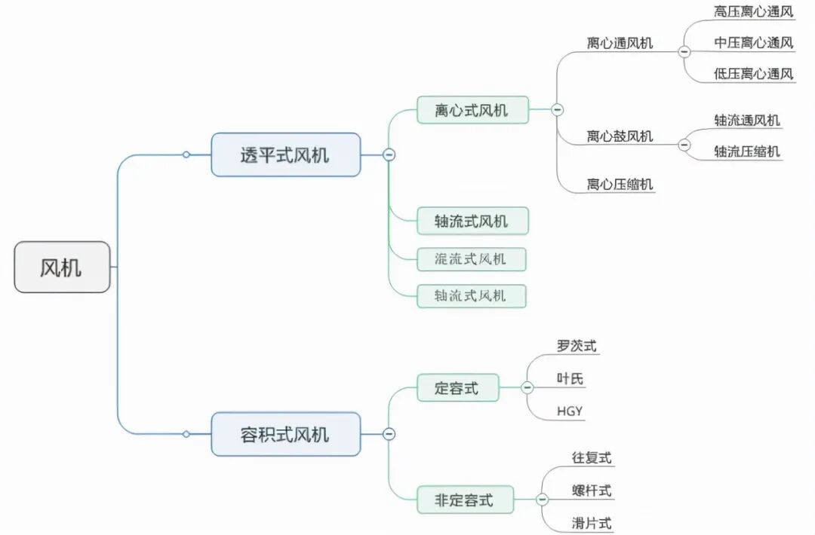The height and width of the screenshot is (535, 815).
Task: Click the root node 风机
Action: [62, 267]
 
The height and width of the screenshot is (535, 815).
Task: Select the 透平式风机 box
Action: [285, 155]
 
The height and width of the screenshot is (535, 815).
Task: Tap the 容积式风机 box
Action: [285, 434]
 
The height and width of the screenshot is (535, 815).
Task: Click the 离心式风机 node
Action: [472, 110]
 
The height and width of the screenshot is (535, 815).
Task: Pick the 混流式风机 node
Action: [471, 259]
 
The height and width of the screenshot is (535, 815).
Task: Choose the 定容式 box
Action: [457, 389]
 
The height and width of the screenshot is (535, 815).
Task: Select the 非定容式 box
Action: [465, 500]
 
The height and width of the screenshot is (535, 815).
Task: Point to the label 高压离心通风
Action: [754, 12]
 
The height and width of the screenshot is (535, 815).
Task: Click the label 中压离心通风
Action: [754, 43]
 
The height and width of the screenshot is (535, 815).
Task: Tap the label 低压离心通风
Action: [754, 74]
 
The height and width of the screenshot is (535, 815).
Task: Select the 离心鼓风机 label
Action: [620, 137]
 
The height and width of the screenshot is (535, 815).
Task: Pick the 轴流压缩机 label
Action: [747, 151]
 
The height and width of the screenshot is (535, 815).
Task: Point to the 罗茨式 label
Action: [577, 347]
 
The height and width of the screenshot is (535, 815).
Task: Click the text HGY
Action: [570, 411]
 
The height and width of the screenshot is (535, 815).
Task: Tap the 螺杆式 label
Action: [592, 491]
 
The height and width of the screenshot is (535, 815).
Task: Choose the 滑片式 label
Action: [592, 524]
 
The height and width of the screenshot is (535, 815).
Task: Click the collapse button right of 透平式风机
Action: [389, 155]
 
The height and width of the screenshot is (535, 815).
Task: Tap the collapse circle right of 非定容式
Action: [543, 500]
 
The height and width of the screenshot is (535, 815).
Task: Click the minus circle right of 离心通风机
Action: [684, 51]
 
